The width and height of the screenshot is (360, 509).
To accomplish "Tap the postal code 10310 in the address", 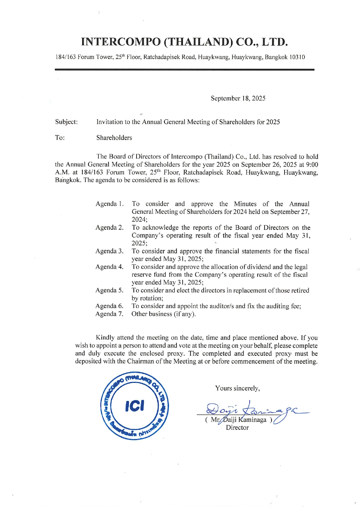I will (x=297, y=57).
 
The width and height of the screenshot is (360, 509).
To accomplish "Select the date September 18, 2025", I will (x=238, y=98).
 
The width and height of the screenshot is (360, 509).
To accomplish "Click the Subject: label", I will (x=66, y=122).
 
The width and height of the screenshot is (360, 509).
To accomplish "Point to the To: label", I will (x=60, y=138).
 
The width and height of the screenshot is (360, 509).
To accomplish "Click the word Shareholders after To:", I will (x=114, y=138).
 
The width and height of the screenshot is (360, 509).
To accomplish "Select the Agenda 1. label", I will (x=109, y=204).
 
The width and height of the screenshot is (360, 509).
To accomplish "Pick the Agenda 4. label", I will (x=109, y=267).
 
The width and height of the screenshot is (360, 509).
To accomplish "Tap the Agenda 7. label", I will (x=109, y=314).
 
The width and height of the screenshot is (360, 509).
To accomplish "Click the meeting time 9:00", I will (x=312, y=165).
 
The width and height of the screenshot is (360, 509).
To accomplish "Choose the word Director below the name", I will (x=237, y=427).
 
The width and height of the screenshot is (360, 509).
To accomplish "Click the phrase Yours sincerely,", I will (x=237, y=388).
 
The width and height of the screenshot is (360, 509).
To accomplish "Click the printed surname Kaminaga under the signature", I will (x=252, y=420).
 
